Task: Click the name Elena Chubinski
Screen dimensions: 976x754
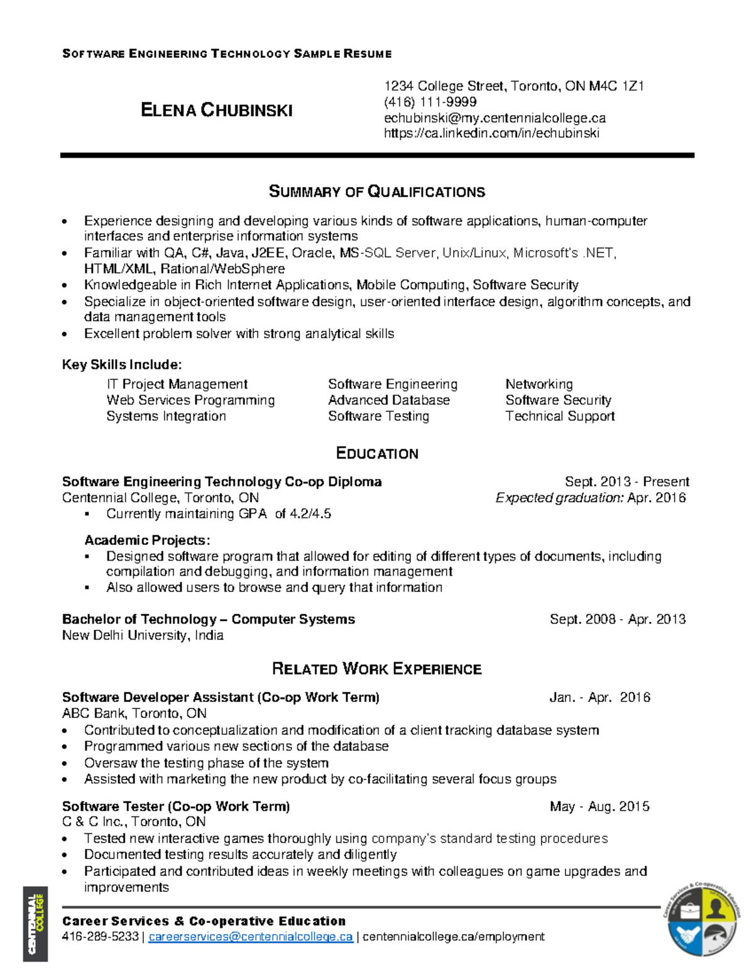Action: (x=217, y=111)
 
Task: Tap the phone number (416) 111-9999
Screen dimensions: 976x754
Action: (x=430, y=102)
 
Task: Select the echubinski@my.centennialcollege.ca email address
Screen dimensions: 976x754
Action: (x=495, y=118)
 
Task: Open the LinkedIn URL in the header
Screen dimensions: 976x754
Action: (x=491, y=133)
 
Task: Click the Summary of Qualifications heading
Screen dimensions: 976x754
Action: (x=377, y=192)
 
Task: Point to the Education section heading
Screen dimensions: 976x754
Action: (x=377, y=454)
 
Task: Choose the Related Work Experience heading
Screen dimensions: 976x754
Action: (x=377, y=669)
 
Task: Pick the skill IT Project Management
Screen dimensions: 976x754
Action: (x=177, y=384)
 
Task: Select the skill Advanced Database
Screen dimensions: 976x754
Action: (x=389, y=400)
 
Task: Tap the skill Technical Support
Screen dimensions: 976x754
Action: (x=560, y=416)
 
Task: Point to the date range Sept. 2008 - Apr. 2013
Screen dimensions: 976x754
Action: (x=618, y=620)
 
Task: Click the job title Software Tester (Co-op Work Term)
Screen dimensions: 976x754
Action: (x=176, y=806)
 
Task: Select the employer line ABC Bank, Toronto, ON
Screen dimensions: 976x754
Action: (x=134, y=713)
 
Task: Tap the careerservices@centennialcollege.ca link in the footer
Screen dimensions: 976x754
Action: (x=251, y=937)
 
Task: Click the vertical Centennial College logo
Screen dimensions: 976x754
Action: (x=35, y=923)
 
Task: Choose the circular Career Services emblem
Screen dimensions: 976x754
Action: (x=703, y=920)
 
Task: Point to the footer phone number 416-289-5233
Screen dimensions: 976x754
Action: (x=101, y=937)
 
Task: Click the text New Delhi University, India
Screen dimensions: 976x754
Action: (x=143, y=635)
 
